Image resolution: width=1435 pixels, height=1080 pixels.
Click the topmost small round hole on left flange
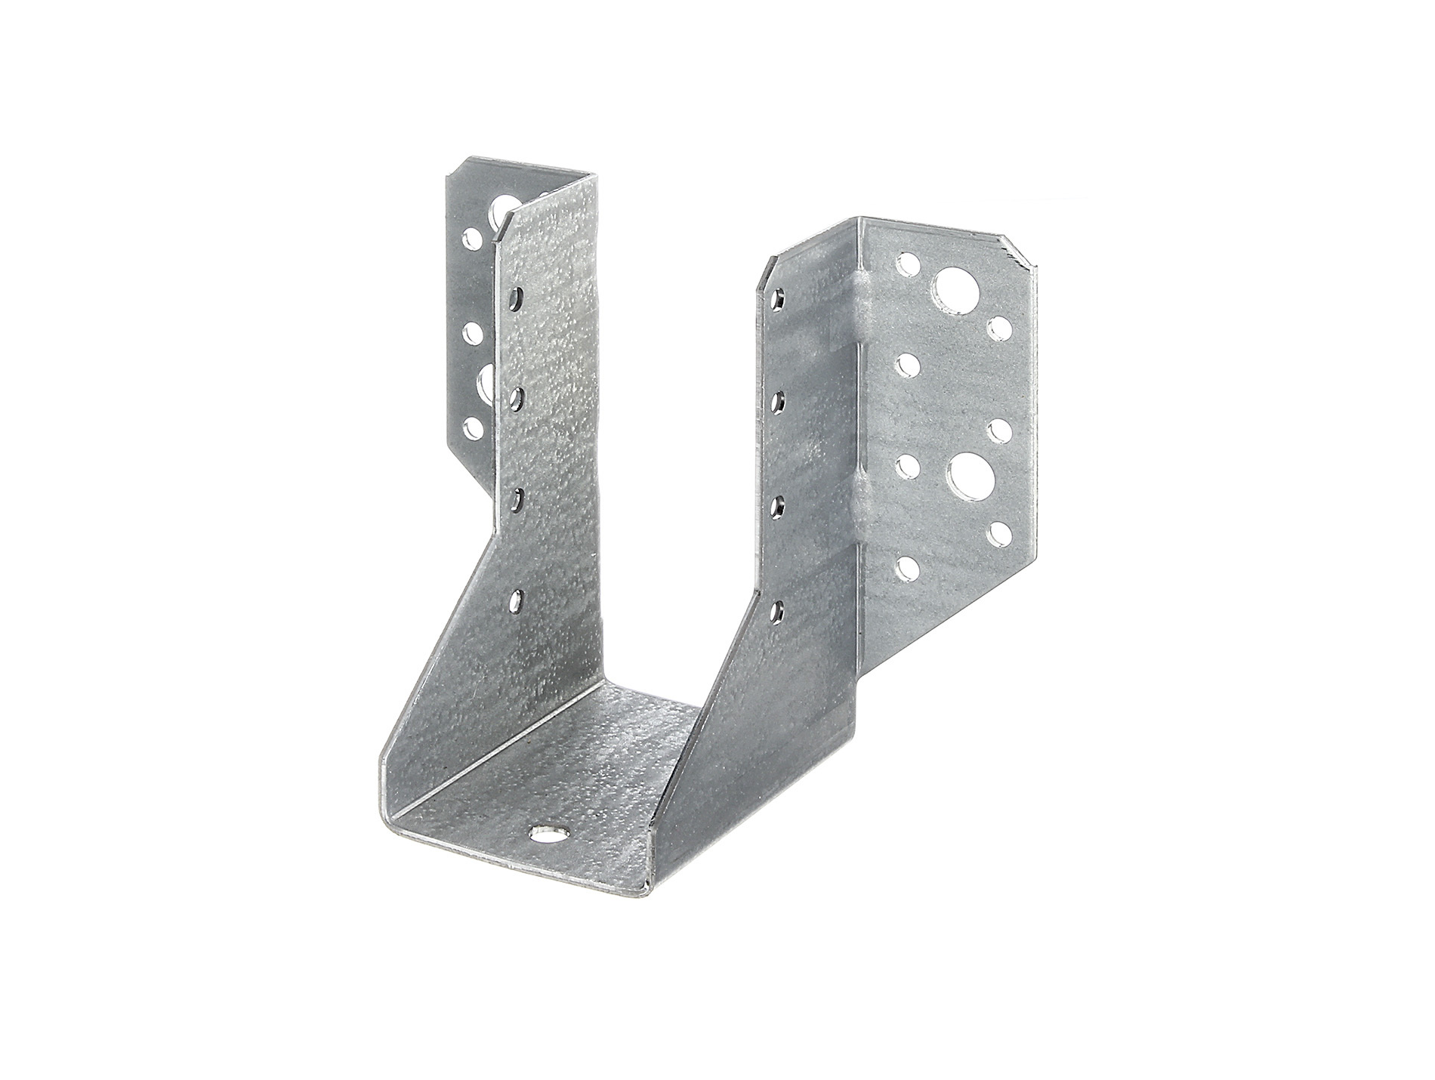pos(474,239)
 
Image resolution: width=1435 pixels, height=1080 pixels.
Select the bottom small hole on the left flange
pos(474,429)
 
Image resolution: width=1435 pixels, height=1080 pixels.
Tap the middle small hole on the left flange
pos(474,332)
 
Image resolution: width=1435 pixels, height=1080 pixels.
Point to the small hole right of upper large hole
pos(1000,326)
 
